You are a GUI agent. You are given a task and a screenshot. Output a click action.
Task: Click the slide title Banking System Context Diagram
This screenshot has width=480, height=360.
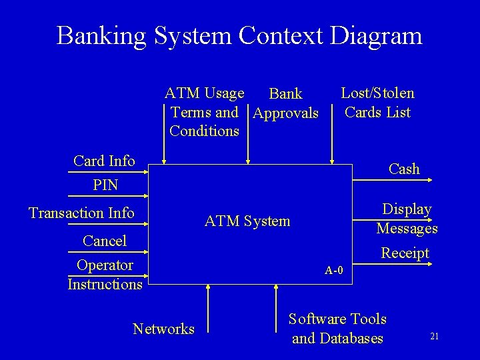click(x=239, y=35)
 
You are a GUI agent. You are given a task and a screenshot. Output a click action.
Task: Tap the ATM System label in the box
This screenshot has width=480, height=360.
click(x=247, y=221)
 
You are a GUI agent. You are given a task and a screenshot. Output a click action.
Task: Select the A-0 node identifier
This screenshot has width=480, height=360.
click(x=335, y=270)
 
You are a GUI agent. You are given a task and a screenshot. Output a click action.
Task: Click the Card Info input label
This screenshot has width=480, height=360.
click(x=105, y=161)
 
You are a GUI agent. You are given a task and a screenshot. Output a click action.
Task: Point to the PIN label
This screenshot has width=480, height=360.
click(x=105, y=185)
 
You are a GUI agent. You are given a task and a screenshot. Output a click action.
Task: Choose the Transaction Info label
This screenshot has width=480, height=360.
click(x=81, y=213)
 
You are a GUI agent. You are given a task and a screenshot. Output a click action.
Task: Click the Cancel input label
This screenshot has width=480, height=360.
click(x=105, y=240)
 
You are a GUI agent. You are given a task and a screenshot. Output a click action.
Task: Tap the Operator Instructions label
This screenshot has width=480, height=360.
click(x=105, y=275)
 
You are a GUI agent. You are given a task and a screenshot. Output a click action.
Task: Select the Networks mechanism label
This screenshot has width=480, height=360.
click(x=164, y=328)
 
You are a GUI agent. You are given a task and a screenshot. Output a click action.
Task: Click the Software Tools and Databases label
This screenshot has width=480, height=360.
click(x=338, y=329)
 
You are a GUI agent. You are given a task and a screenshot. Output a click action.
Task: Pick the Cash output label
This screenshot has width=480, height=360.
click(x=404, y=169)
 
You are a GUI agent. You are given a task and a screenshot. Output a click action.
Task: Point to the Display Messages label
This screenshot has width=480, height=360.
click(x=407, y=219)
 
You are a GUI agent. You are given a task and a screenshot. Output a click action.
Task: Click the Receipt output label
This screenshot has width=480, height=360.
click(x=405, y=253)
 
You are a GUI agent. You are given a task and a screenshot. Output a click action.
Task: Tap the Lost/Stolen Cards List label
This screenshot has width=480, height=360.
click(x=377, y=103)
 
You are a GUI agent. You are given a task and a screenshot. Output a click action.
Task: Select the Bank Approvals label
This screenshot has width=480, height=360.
click(x=285, y=104)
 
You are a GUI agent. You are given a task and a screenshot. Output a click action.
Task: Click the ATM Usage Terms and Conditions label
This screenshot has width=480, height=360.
click(x=204, y=111)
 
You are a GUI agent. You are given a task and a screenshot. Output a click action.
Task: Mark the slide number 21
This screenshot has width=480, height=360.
click(x=434, y=337)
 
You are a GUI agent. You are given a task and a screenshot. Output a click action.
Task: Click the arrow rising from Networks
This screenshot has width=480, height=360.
click(x=209, y=307)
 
